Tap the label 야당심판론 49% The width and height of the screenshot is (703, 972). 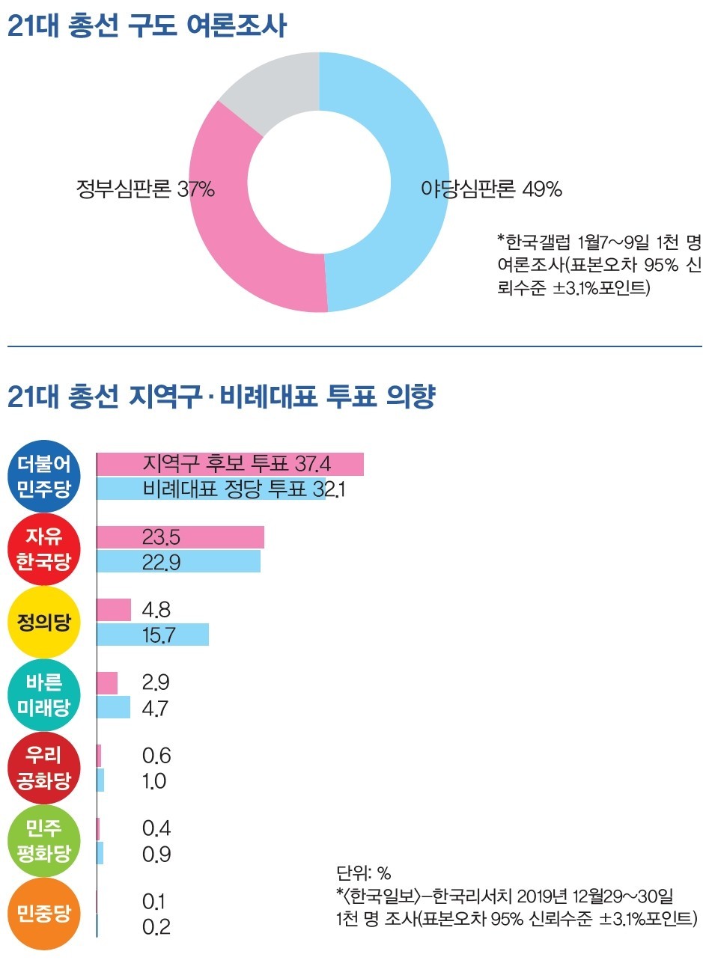point(491,189)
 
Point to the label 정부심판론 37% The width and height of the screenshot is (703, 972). point(145,189)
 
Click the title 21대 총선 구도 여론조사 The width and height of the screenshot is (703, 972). point(147,26)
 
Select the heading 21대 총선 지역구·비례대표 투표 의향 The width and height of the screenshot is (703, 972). point(222,396)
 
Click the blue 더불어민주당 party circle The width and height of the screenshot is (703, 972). point(44,477)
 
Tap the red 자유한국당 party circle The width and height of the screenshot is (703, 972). point(44,549)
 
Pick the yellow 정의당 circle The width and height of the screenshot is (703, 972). point(44,622)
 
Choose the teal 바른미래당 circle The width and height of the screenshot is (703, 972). point(44,695)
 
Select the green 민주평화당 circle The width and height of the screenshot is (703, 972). point(44,841)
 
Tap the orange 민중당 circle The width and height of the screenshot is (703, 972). point(44,914)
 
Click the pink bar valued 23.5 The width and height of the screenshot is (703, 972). point(180,537)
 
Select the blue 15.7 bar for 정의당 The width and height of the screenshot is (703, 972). point(153,635)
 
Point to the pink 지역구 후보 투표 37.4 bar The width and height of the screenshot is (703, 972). point(230,464)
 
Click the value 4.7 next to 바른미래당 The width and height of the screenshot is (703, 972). point(155,708)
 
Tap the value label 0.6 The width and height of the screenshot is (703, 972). point(156,756)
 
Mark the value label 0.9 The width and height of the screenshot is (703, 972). point(156,854)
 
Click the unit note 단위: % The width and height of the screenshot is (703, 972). point(364,873)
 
